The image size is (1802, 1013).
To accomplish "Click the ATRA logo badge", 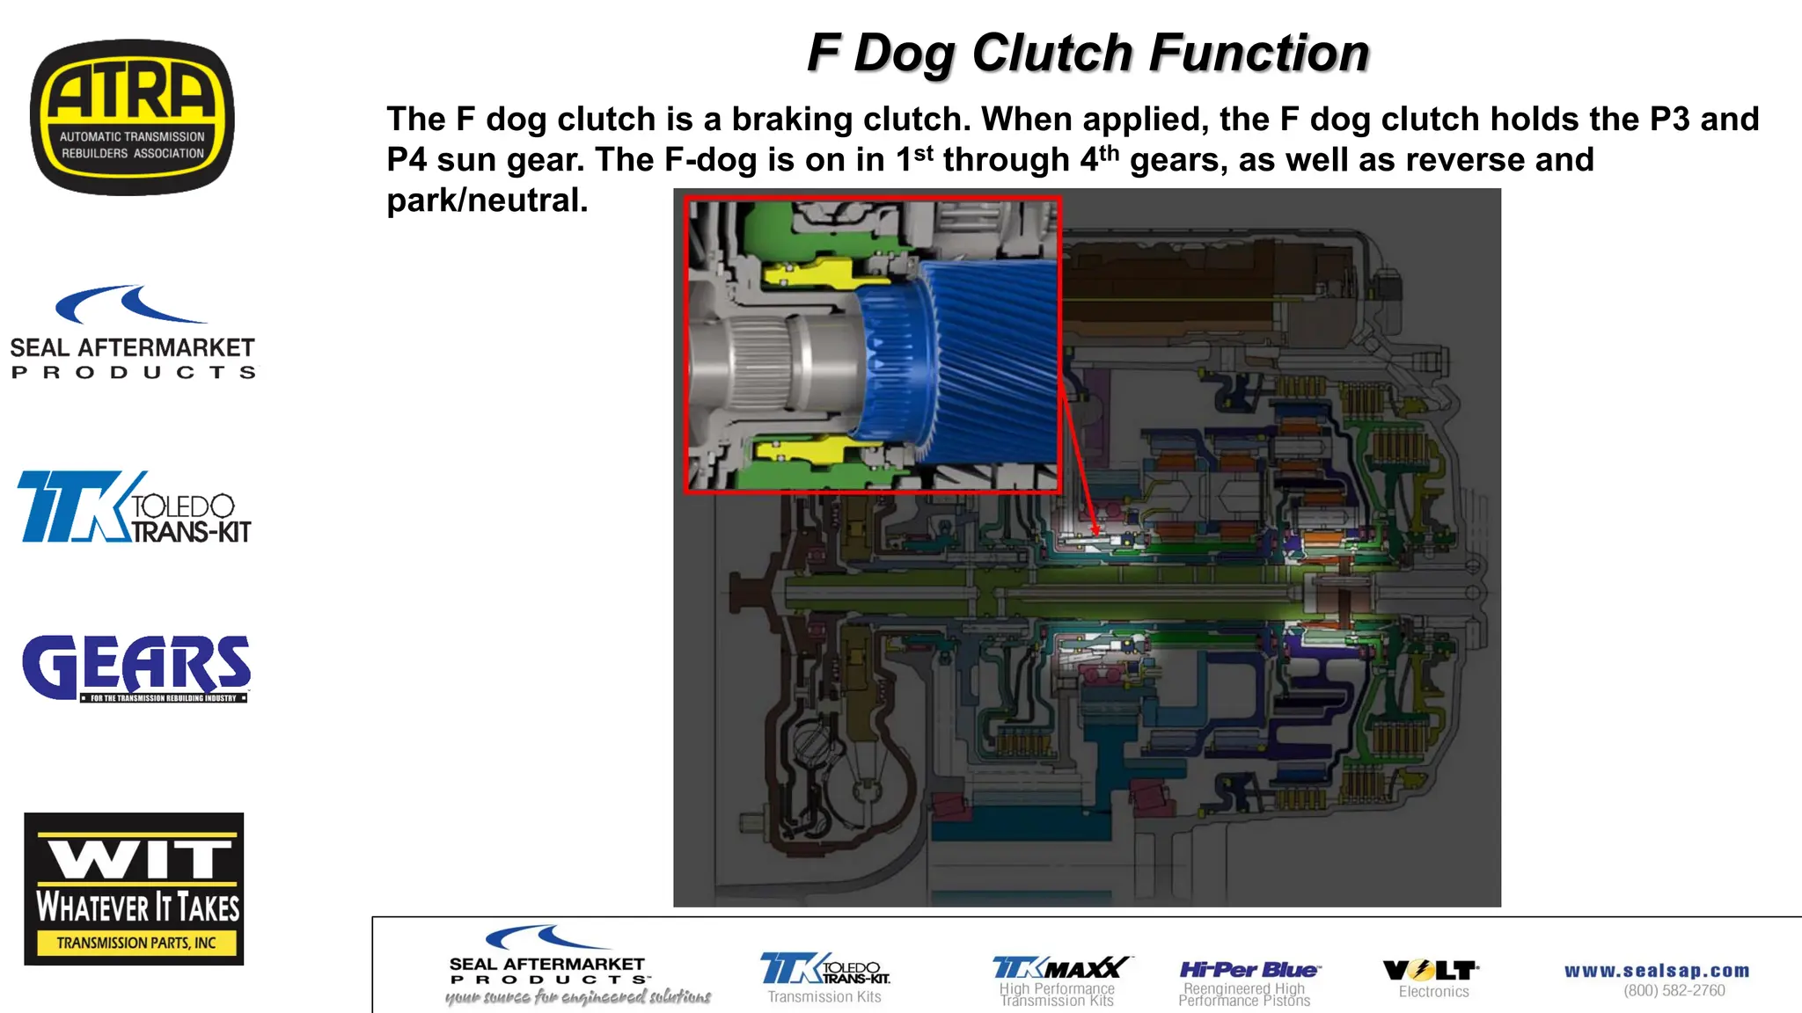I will click(132, 117).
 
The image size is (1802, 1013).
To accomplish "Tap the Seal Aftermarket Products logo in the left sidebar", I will click(132, 332).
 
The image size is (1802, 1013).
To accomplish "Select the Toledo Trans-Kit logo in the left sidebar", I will click(134, 506).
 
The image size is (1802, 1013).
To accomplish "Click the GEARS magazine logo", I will click(136, 667).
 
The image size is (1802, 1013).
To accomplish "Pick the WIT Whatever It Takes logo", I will click(134, 888).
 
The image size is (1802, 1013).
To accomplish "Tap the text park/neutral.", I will click(487, 200).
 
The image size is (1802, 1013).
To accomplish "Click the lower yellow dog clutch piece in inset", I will click(805, 453).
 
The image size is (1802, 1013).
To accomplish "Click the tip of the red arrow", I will click(1096, 534).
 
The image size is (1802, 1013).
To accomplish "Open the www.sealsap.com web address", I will click(1657, 971).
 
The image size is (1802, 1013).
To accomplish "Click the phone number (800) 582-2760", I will click(1674, 991).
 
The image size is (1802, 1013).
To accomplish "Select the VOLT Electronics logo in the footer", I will click(1432, 978).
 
